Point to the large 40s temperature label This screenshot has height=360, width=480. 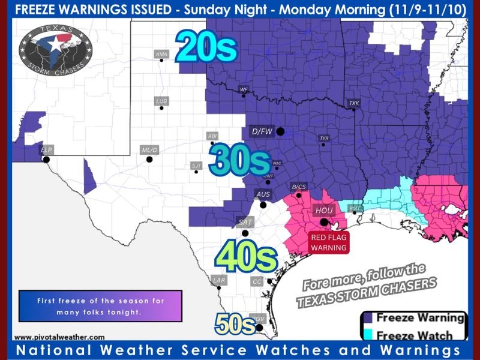(245, 257)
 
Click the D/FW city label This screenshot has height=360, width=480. (262, 131)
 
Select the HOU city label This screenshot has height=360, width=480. (322, 211)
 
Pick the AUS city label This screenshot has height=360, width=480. (263, 194)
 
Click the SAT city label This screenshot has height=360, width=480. (245, 222)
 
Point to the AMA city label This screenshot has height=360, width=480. (161, 54)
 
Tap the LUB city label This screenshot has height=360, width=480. (161, 101)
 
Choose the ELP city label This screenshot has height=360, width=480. (46, 148)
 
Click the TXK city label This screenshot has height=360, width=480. (354, 103)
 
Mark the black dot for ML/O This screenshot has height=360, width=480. (149, 159)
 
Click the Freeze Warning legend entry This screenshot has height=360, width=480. (414, 318)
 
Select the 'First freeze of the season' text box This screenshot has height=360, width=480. (100, 306)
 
